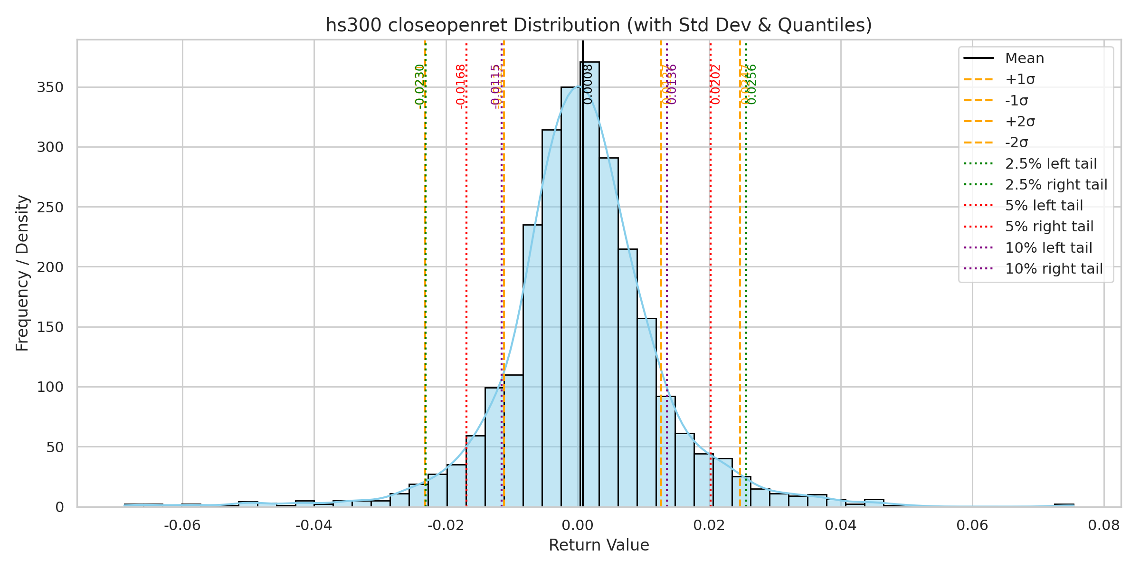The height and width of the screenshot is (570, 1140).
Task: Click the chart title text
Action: click(x=598, y=25)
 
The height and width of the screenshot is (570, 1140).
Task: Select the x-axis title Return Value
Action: click(x=598, y=545)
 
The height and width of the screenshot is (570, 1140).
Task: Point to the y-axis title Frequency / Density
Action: click(x=22, y=273)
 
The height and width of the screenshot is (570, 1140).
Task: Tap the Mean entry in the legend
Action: click(x=1025, y=58)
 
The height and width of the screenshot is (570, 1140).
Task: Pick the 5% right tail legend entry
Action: click(x=1049, y=227)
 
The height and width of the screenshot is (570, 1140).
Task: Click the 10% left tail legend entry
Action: click(x=1048, y=248)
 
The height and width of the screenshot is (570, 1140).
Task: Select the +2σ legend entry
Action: click(x=1020, y=122)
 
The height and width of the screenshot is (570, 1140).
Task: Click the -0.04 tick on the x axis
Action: click(x=314, y=525)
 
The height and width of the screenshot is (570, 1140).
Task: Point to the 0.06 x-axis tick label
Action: click(x=972, y=525)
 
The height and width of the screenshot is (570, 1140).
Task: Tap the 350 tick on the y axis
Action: click(x=50, y=87)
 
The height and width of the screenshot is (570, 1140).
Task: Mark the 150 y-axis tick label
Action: click(x=50, y=327)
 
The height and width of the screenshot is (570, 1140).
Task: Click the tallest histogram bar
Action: click(x=589, y=285)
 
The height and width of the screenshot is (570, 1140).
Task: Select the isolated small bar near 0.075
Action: click(x=1064, y=505)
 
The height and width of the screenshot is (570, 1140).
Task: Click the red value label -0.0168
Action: click(x=460, y=86)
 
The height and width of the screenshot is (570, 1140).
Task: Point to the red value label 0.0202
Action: click(x=716, y=85)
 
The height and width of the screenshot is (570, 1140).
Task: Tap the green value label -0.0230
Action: click(x=419, y=86)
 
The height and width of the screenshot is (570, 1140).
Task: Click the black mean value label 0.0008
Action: click(x=588, y=85)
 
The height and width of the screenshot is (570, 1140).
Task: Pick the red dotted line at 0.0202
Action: click(x=710, y=285)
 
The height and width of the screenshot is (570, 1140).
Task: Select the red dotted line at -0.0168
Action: click(x=466, y=285)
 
